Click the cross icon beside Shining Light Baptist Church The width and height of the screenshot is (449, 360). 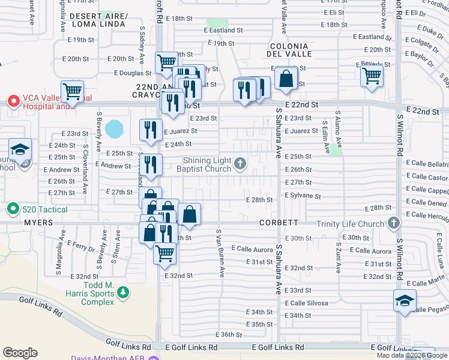pos(240,163)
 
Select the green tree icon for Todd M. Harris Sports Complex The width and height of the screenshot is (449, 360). pos(123,292)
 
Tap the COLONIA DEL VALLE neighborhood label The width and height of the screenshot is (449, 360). pos(289,51)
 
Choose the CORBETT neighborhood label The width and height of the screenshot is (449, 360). pos(279,223)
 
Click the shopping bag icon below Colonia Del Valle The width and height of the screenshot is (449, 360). pos(287,78)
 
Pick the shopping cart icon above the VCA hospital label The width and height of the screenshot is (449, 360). pos(72,92)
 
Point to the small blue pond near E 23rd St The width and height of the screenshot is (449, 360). pos(114,128)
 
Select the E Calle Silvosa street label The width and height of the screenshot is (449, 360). pos(306,303)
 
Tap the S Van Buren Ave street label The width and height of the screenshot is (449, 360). pos(221,253)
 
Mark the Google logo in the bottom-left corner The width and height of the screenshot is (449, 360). pos(20,353)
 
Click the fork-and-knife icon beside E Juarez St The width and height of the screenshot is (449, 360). pos(151,129)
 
